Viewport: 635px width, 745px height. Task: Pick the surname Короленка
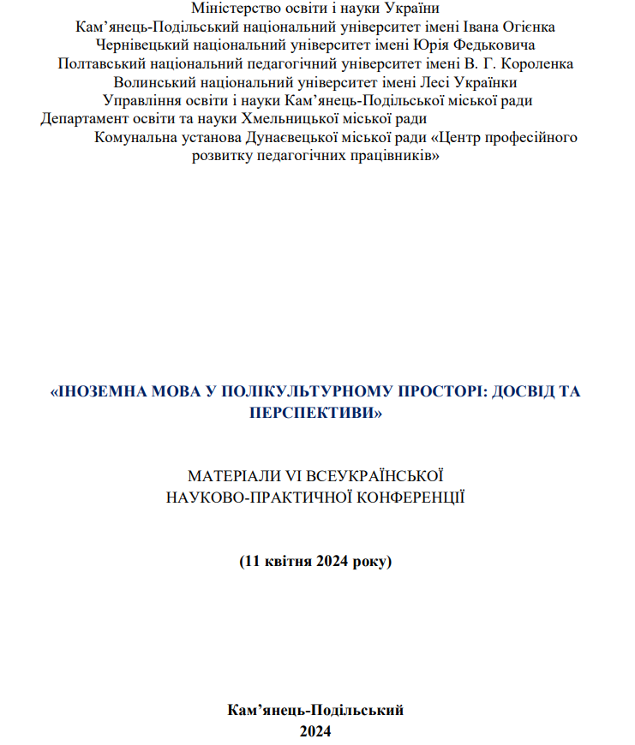click(538, 64)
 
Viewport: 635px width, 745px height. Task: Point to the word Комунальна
click(136, 138)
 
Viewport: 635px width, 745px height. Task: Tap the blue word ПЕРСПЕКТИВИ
click(316, 412)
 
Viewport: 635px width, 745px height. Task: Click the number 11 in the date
click(252, 562)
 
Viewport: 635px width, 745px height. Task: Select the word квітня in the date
click(288, 562)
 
